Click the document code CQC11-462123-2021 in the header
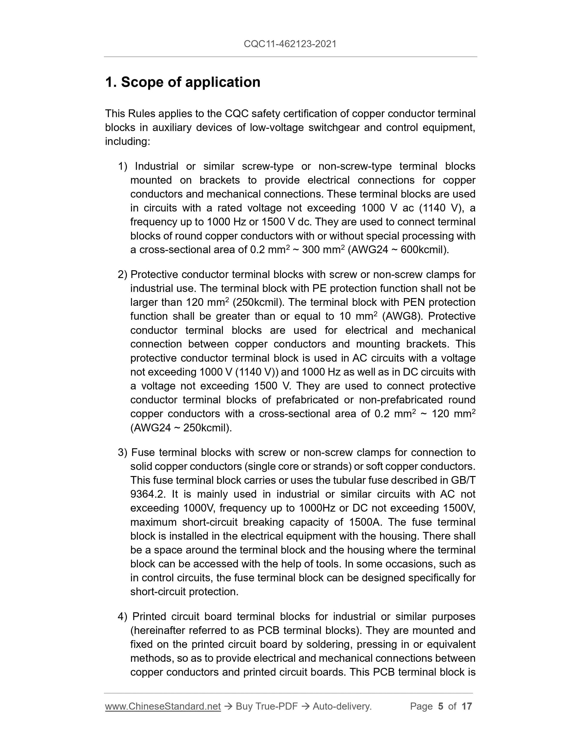click(290, 44)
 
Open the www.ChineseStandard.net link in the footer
click(163, 706)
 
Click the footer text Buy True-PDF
click(267, 706)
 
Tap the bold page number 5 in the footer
click(441, 706)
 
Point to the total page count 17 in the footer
click(466, 706)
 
